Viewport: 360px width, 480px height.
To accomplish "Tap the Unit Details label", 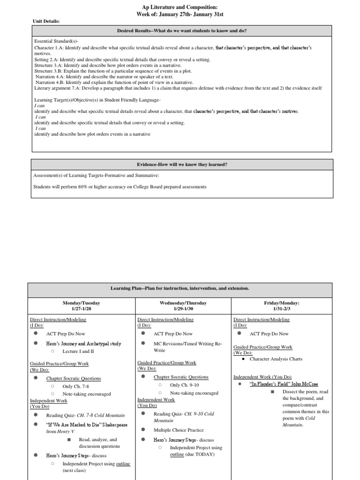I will point(46,21).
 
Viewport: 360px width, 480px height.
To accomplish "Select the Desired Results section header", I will point(182,31).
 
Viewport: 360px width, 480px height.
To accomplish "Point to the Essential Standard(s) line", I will point(53,41).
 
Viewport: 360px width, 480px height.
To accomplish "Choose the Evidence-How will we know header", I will point(182,165).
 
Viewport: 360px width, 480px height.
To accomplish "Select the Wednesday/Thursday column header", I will point(183,303).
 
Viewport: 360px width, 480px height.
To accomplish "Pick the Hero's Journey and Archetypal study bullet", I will point(83,344).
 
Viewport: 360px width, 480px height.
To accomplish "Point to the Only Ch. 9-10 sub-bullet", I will point(184,385).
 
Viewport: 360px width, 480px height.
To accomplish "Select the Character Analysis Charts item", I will point(276,359).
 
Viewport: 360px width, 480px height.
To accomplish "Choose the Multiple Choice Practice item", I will point(179,430).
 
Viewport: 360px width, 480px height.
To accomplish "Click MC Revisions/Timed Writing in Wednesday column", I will point(186,344).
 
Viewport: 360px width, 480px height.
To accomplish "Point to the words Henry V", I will point(64,431).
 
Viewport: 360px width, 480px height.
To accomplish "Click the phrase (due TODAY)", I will point(200,455).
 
